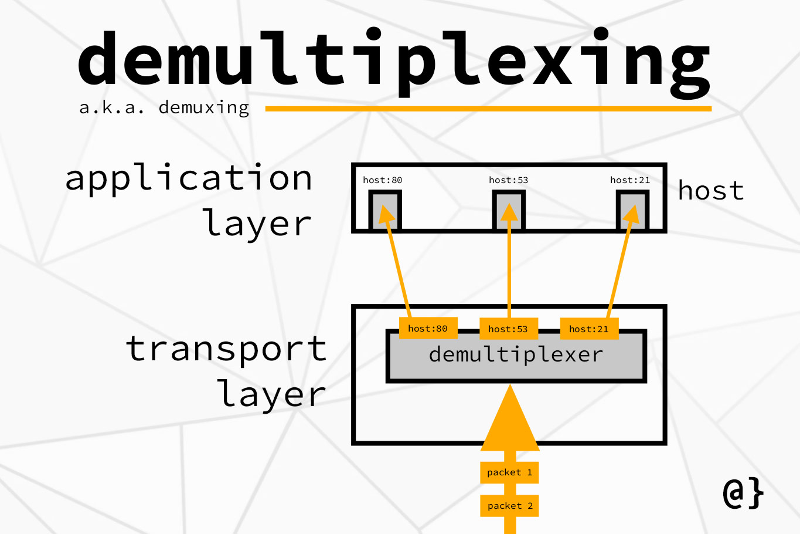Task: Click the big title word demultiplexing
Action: pos(394,62)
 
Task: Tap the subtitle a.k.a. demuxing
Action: pos(164,108)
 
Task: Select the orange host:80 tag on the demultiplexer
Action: pos(428,329)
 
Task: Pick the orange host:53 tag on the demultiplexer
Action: pos(508,329)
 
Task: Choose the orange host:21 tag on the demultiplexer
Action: pos(589,329)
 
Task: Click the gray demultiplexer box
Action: pos(516,364)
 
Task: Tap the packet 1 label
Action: pos(510,472)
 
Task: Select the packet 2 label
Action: pos(510,506)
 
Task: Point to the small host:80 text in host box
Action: pos(382,180)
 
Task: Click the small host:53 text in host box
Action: pos(508,180)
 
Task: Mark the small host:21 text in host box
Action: pos(630,180)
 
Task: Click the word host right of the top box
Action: pos(711,191)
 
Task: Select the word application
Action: pos(189,178)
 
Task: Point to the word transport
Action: pos(226,349)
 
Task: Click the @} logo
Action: pos(743,493)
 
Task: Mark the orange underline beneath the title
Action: pos(488,109)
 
